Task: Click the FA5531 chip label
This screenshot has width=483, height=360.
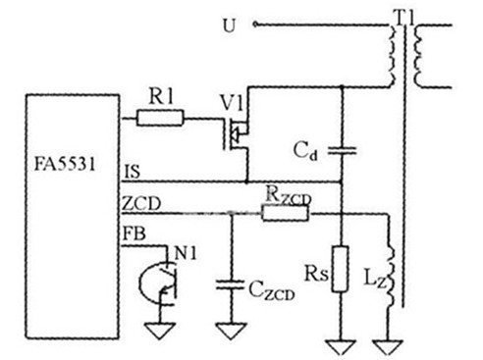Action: (x=65, y=164)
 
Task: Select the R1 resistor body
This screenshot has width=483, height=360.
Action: (x=160, y=118)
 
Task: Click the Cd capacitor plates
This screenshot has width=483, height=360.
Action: (x=342, y=150)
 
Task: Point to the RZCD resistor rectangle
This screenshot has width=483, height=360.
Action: (x=285, y=213)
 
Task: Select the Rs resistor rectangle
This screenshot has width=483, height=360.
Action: (x=341, y=269)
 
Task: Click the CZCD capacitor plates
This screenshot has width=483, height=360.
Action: (x=231, y=284)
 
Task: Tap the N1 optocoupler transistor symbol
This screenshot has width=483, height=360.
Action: (x=160, y=283)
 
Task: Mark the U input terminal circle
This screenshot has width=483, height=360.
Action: (x=255, y=24)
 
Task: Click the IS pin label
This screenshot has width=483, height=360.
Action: (x=132, y=172)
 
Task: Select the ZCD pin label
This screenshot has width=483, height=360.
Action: (x=141, y=203)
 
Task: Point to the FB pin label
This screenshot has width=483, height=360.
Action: (x=134, y=233)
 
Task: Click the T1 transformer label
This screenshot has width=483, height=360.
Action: (x=405, y=17)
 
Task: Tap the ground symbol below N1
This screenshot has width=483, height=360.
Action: (x=160, y=331)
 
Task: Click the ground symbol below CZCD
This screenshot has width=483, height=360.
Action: (x=231, y=331)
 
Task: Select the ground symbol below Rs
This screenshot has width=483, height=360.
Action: (x=341, y=347)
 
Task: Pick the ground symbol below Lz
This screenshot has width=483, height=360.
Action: (x=389, y=347)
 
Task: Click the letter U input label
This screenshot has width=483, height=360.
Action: (x=229, y=26)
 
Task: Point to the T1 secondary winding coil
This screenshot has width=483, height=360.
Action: (x=418, y=56)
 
